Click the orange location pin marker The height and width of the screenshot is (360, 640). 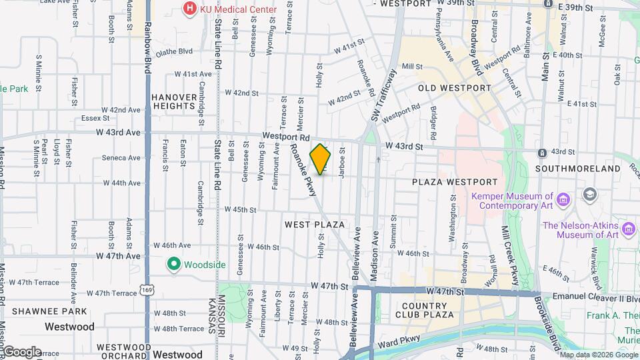point(321,159)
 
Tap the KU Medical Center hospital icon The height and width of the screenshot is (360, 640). point(190,9)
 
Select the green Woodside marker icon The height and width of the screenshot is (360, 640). point(174,265)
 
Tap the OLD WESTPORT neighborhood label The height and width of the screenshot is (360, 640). point(455,88)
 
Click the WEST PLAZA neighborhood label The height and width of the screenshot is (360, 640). point(315,225)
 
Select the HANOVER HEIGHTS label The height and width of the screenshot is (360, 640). point(175,101)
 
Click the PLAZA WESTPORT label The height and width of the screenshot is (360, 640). point(455,182)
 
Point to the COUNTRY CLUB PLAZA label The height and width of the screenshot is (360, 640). point(429,309)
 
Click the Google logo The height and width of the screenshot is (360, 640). point(21,351)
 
